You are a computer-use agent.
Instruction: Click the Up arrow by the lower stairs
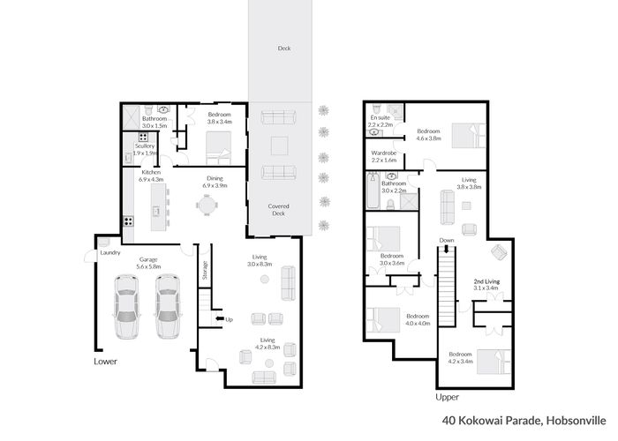coord(220,319)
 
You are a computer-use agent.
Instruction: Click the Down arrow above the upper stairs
coord(446,249)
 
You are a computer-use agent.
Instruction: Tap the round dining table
coord(207,205)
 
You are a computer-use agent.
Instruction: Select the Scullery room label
coord(145,146)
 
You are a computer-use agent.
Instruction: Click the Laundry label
coord(110,252)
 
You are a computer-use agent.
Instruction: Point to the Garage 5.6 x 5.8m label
coord(148,263)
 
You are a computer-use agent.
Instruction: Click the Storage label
coord(205,270)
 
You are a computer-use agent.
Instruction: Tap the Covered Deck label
coord(279,210)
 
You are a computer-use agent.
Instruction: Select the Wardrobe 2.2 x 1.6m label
coord(384,156)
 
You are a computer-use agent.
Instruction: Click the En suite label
coord(380,117)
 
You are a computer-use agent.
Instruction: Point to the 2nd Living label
coord(486,281)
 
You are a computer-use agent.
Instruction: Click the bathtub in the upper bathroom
coord(373,191)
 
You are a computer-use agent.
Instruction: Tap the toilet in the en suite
coord(376,108)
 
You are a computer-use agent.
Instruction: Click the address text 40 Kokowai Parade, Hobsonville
coord(524,421)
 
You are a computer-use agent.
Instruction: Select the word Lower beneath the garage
coord(105,362)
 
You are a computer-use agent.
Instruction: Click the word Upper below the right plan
coord(447,397)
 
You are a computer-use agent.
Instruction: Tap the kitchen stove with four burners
coord(129,221)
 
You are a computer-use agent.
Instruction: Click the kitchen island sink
coord(156,212)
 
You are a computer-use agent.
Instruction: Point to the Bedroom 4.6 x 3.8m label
coord(429,135)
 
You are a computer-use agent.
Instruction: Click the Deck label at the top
coord(284,48)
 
